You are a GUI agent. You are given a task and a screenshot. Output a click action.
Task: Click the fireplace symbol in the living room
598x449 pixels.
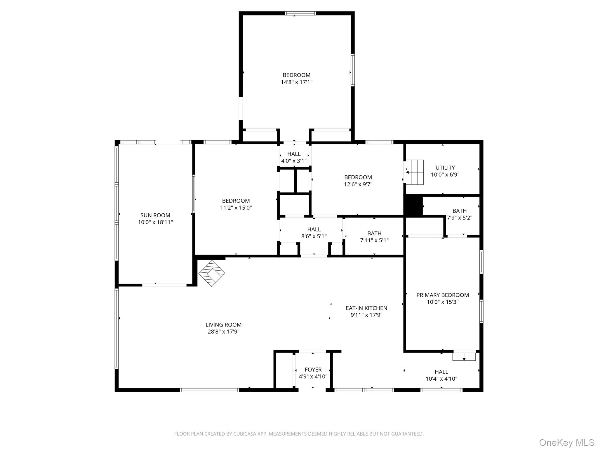(x=212, y=273)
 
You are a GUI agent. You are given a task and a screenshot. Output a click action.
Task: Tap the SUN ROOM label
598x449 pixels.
(x=155, y=215)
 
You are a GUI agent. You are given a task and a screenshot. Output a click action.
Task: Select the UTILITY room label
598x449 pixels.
(x=445, y=168)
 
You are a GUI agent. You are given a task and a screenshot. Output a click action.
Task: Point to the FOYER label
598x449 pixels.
(x=313, y=369)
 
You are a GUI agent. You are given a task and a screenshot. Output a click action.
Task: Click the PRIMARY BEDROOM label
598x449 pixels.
(x=442, y=295)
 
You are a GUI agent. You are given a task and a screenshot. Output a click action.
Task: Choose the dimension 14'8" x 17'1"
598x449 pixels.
(x=296, y=82)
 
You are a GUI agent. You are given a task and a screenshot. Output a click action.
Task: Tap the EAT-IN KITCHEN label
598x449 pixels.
(x=366, y=308)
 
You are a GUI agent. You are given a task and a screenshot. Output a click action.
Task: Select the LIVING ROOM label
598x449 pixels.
(x=223, y=325)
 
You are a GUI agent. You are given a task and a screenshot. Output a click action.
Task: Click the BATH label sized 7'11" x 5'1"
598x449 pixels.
(x=374, y=234)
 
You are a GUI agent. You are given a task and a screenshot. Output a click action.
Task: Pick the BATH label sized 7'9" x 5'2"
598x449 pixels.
(x=459, y=211)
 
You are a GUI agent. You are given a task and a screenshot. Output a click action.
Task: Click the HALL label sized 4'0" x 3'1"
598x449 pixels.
(x=294, y=154)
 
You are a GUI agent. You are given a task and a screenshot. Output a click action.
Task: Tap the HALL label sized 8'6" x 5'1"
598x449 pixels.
(x=314, y=229)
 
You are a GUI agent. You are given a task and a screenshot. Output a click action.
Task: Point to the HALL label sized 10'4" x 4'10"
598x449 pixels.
(x=441, y=372)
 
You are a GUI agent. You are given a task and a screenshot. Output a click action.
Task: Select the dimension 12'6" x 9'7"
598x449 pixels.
(x=358, y=184)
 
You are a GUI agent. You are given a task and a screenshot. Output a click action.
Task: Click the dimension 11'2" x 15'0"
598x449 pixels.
(x=236, y=208)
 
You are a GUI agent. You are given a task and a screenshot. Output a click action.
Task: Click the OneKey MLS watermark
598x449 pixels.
(x=566, y=442)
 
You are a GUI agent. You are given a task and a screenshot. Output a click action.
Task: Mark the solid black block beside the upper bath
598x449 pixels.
(x=413, y=205)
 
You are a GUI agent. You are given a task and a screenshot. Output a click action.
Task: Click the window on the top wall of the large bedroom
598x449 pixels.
(x=300, y=13)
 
